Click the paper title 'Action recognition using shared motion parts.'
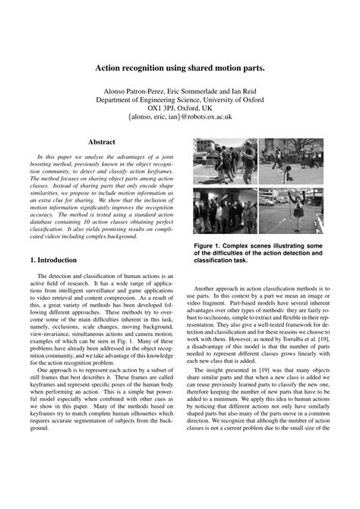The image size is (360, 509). point(179,68)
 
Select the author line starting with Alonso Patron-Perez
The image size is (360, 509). point(179,90)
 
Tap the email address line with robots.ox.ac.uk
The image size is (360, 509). point(179,118)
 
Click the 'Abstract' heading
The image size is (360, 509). point(101,141)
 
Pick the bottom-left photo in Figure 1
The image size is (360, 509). point(225,210)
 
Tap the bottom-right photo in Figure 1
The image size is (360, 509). point(290,210)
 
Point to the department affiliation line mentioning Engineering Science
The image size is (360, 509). point(179,100)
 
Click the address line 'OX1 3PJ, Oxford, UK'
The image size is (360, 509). point(179,109)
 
